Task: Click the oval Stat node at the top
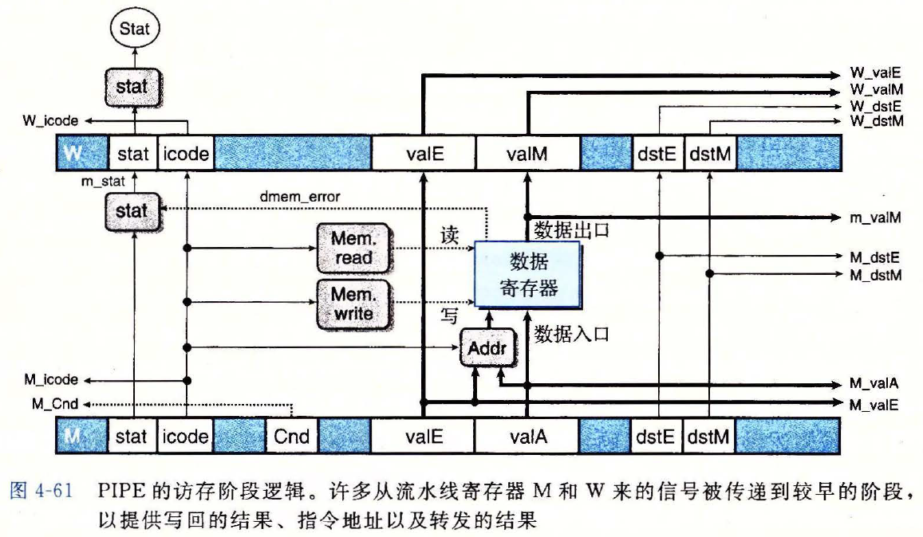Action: click(x=134, y=29)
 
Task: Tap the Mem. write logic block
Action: click(x=352, y=303)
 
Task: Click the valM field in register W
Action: click(x=527, y=155)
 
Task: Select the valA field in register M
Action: click(x=527, y=437)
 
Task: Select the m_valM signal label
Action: click(x=875, y=218)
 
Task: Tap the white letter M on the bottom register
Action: click(x=73, y=437)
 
